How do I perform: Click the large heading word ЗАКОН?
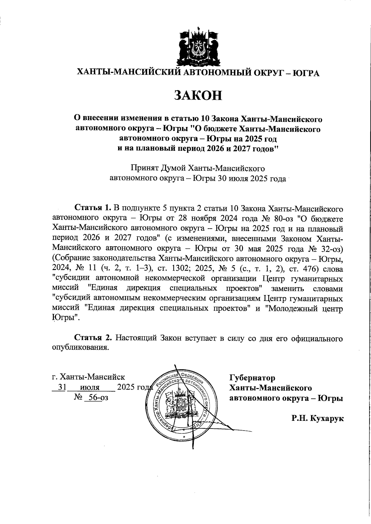(198, 95)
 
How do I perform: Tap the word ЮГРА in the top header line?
(305, 73)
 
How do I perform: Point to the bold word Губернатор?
(252, 378)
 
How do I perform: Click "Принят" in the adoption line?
(145, 168)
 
